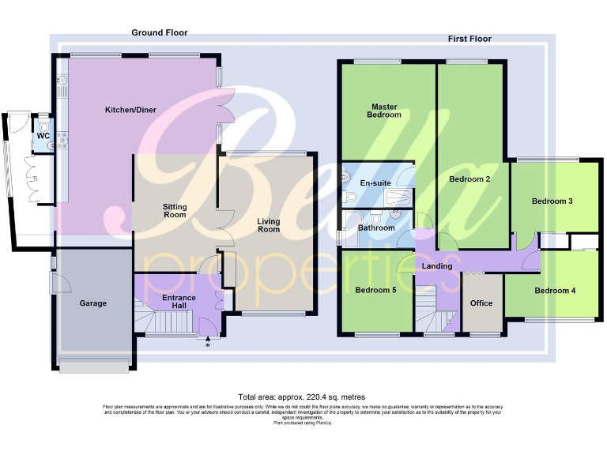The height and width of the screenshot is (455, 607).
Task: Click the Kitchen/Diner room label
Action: tap(129, 110)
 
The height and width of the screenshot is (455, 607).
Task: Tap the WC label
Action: tap(43, 135)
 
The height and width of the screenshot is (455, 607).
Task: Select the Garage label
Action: tap(92, 303)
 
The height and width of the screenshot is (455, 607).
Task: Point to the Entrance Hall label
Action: tap(179, 303)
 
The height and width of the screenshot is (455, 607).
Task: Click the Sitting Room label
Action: tap(175, 210)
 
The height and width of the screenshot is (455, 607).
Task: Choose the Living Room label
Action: tap(269, 225)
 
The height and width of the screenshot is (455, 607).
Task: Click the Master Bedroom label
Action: tap(383, 110)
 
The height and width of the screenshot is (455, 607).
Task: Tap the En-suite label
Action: tap(375, 183)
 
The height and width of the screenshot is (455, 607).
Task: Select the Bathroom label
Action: tap(376, 228)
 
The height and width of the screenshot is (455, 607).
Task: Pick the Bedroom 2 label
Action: tap(470, 179)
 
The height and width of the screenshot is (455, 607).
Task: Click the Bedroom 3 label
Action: tap(552, 201)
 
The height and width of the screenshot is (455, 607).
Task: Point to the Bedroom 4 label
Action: tap(555, 291)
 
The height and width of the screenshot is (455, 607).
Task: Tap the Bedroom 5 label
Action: tap(375, 290)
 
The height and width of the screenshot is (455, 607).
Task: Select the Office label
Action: tap(481, 303)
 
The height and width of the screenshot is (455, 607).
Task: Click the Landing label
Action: tap(437, 266)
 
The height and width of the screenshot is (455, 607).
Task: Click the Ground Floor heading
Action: tap(159, 32)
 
